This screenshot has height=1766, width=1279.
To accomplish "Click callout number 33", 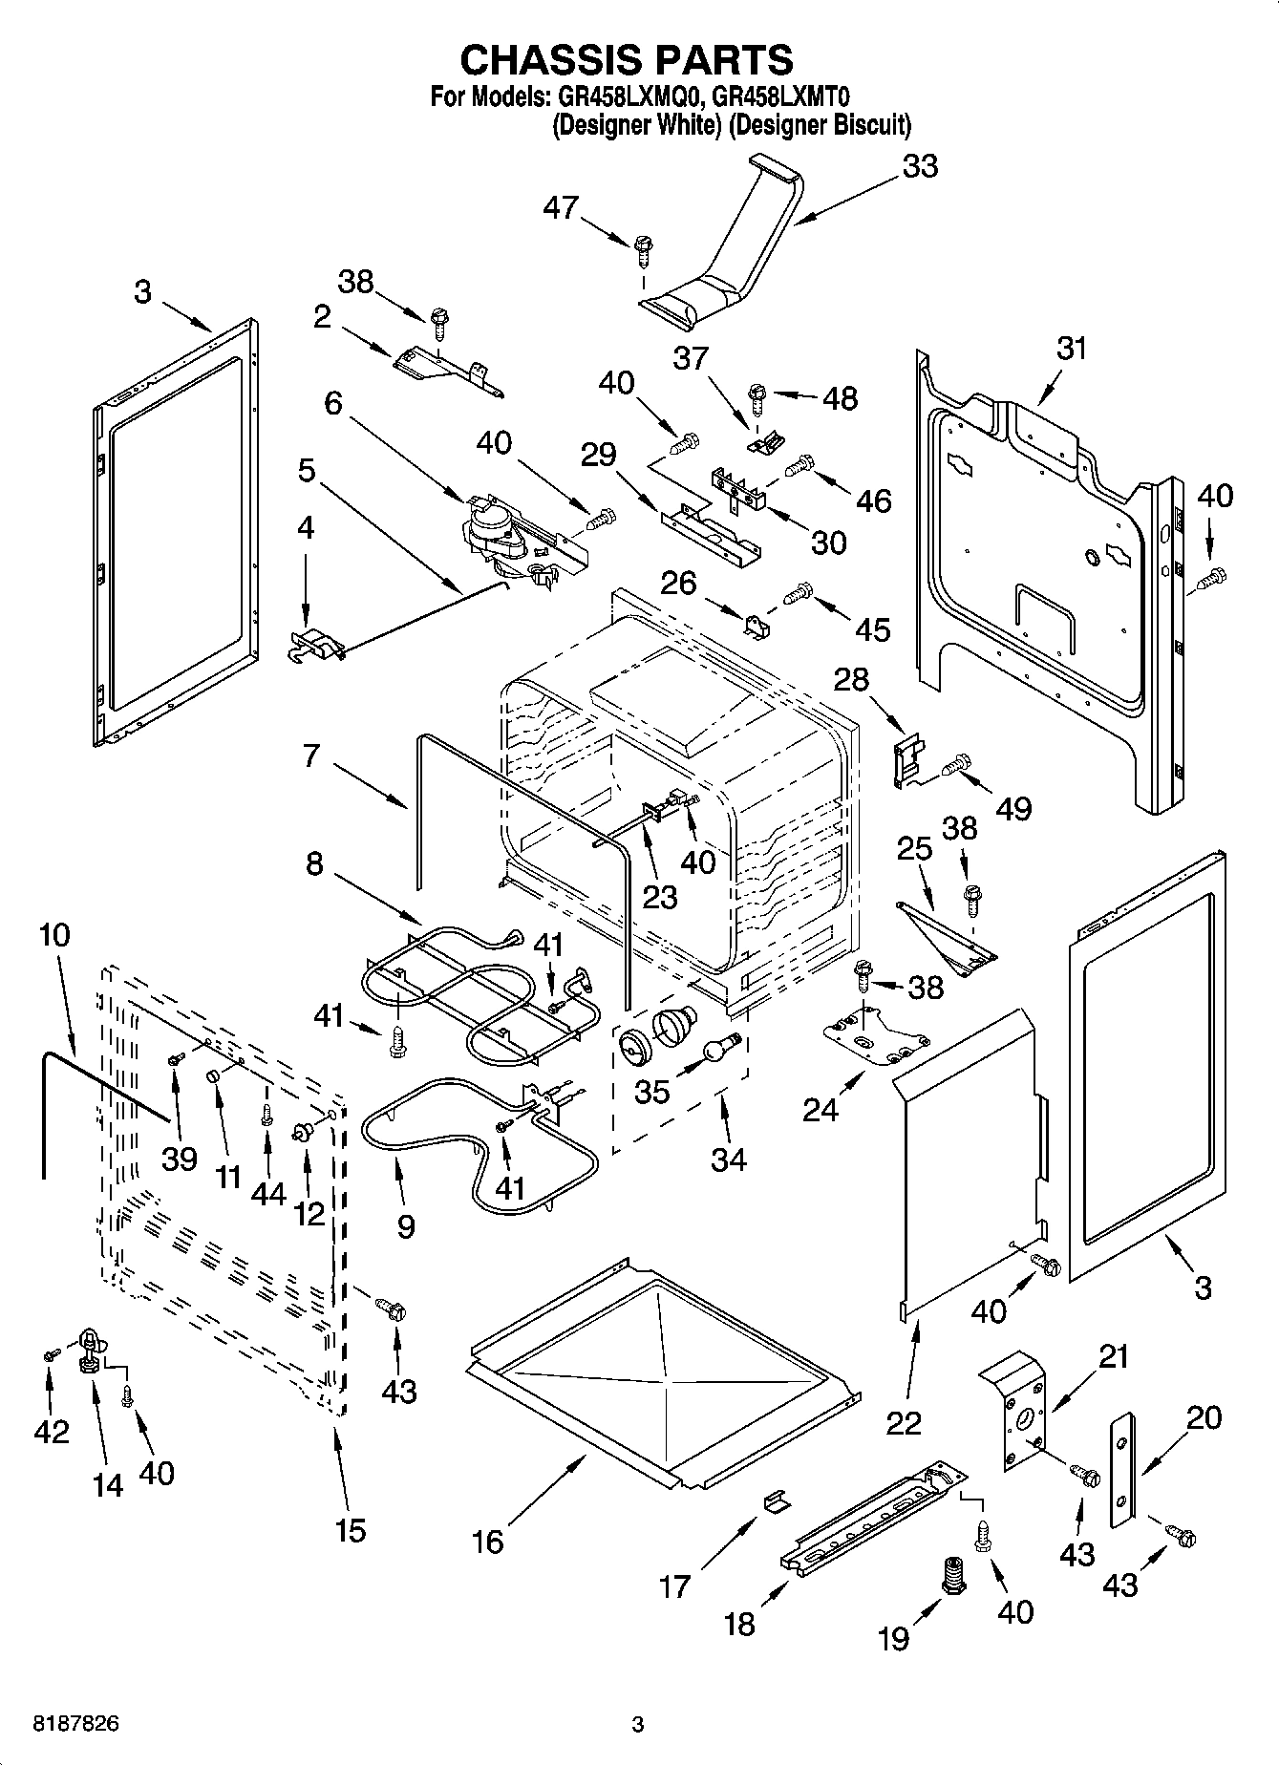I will (x=920, y=166).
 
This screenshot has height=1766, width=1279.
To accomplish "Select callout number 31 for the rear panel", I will (x=1072, y=349).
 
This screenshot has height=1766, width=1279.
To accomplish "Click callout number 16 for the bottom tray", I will (x=488, y=1541).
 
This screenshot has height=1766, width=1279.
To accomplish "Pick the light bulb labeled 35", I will (x=721, y=1049).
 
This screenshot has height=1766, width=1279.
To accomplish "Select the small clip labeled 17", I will (x=777, y=1501).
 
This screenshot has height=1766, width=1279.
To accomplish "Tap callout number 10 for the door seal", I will (x=54, y=935).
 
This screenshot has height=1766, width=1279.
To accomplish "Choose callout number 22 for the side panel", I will (x=904, y=1422).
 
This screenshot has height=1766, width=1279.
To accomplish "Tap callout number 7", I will (x=311, y=755).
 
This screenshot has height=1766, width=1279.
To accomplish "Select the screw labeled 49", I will (x=955, y=763).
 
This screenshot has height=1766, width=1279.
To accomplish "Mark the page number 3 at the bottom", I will (x=638, y=1724).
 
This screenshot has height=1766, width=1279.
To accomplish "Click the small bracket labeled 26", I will (x=757, y=626).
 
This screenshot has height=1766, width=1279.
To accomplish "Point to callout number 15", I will (x=351, y=1530).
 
